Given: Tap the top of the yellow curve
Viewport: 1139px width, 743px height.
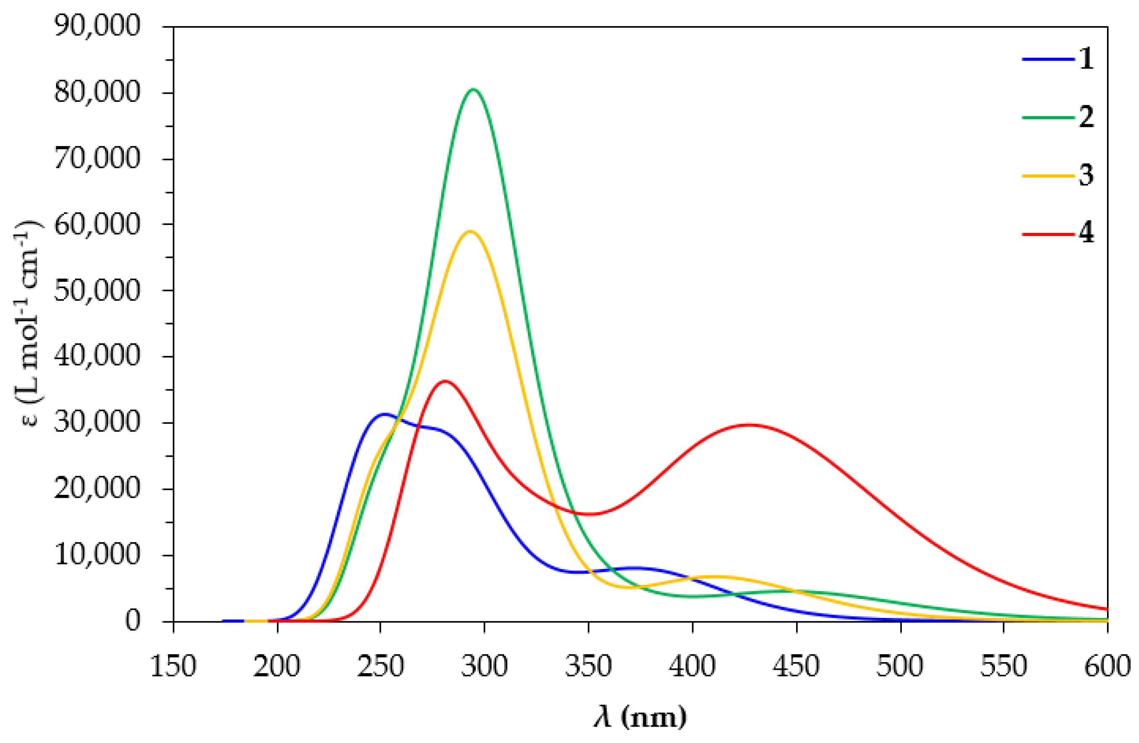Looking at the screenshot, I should [470, 231].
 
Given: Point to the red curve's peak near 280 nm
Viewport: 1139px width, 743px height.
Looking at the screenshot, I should [446, 381].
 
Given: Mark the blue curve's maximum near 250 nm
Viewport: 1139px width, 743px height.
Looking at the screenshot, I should [384, 414].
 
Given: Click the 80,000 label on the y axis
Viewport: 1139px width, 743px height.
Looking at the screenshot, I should [97, 92].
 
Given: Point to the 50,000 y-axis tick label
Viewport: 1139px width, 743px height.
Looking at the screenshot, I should [97, 290].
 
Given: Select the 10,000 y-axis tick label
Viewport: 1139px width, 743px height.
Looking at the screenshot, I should [97, 555].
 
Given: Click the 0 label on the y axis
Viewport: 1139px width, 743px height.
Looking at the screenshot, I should [133, 621].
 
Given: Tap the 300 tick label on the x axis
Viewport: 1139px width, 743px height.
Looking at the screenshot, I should [484, 666].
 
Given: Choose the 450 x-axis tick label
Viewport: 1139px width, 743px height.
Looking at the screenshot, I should [797, 666].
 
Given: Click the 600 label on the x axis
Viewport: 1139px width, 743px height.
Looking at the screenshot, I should [1107, 666].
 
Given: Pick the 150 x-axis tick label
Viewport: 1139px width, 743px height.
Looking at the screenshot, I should [173, 666].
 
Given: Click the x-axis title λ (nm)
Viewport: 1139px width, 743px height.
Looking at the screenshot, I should [640, 718].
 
